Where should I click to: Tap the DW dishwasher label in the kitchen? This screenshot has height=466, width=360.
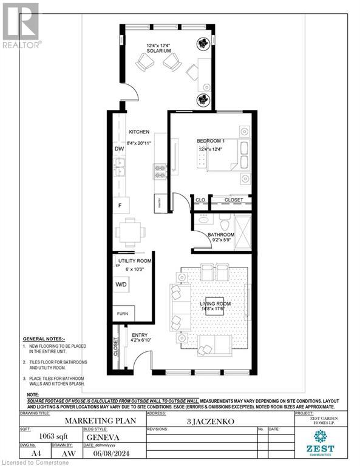pos(119,148)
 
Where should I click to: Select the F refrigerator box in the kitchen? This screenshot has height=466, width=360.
pos(120,206)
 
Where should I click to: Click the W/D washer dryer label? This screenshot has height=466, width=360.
pos(122,284)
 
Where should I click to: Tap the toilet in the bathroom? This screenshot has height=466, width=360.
pos(222,220)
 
